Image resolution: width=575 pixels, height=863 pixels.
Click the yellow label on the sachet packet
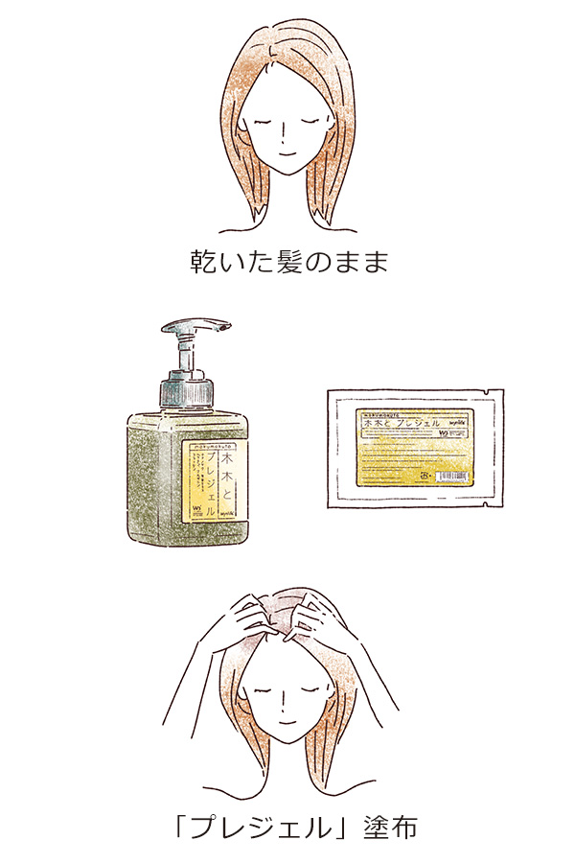pyautogui.click(x=412, y=447)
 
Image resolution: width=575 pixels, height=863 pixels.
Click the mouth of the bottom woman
pyautogui.click(x=285, y=720)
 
